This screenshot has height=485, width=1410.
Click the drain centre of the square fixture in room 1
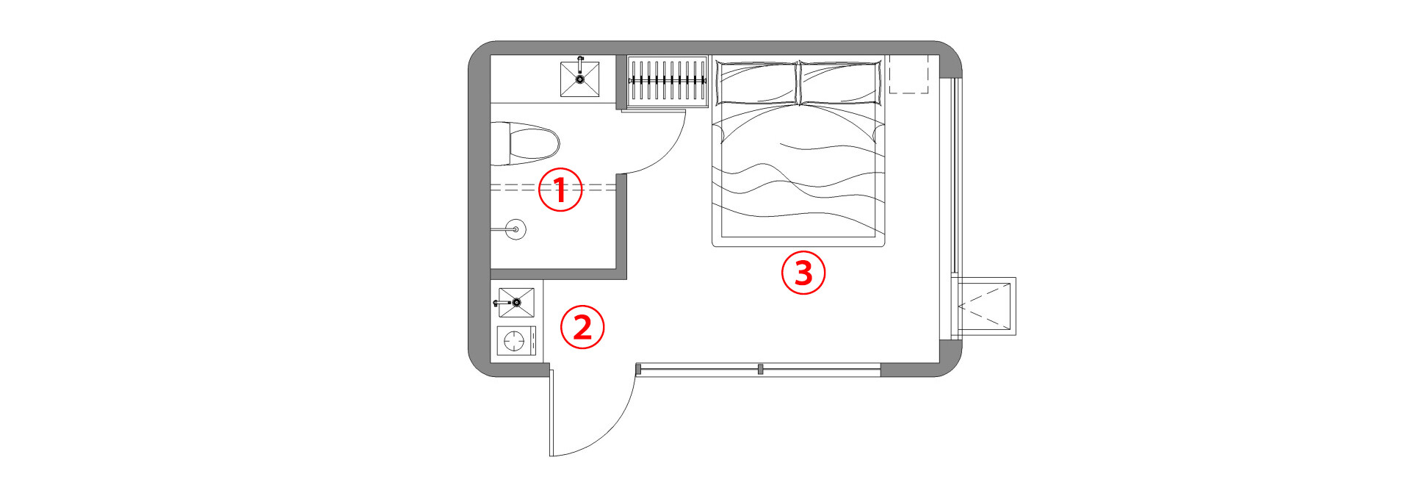coord(580,79)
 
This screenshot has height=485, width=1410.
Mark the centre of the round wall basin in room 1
coord(516,230)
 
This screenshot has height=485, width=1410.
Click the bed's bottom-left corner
coord(712,246)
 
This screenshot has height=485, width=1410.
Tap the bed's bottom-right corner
coord(885,246)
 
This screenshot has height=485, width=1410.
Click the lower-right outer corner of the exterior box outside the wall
coord(1016,336)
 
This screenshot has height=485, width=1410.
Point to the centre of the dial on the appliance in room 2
coord(515,341)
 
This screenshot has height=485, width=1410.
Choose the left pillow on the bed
coord(756,82)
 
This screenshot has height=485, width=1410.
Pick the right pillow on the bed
coord(840,82)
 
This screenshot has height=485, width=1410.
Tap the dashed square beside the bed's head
coord(909,74)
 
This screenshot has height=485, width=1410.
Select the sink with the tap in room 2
coord(516,303)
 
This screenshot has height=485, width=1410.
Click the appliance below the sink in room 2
coord(516,341)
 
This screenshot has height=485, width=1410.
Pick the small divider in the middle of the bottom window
coord(760,369)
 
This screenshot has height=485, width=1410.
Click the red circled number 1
coord(560,190)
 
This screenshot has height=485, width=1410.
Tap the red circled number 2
coord(582,327)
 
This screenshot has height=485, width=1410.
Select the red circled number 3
coord(803,273)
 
